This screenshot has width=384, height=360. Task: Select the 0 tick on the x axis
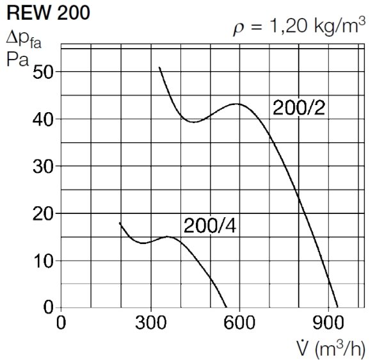click(61, 322)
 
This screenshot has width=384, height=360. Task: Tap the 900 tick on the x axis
click(328, 322)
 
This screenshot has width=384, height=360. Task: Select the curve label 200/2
click(300, 108)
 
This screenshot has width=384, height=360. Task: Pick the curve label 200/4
click(211, 225)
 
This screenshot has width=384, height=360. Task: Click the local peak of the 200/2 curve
click(237, 104)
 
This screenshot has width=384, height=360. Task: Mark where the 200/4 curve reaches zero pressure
click(227, 307)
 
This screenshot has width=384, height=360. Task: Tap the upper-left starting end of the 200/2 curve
click(159, 67)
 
